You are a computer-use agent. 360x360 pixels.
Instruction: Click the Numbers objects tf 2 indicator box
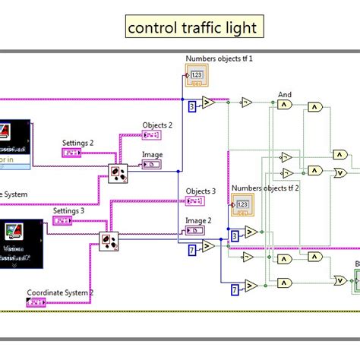click(x=242, y=204)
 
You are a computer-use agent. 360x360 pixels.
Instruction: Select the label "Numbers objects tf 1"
click(x=218, y=58)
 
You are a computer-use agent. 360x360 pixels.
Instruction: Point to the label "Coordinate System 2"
click(x=60, y=292)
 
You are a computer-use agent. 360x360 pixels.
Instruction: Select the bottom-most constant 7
click(x=235, y=288)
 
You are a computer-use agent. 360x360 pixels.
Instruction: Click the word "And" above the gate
click(x=284, y=96)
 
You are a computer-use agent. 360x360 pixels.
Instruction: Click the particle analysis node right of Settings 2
click(x=118, y=173)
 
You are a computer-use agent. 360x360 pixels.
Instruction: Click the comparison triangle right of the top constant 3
click(x=209, y=103)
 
